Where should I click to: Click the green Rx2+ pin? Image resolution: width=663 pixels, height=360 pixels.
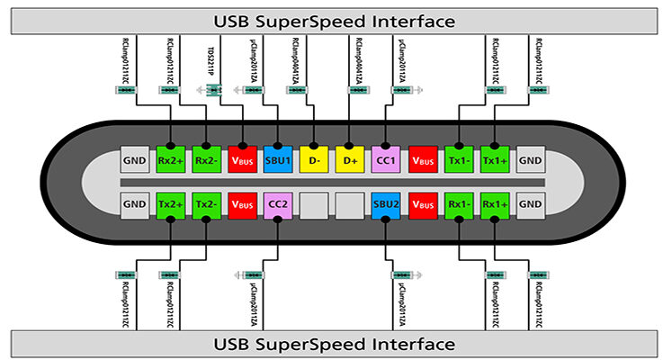pyautogui.click(x=169, y=159)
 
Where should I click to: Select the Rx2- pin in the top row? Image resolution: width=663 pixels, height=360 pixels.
pyautogui.click(x=206, y=159)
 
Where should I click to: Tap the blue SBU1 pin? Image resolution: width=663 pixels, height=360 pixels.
pyautogui.click(x=278, y=159)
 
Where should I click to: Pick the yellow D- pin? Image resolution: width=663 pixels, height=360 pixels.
pyautogui.click(x=313, y=159)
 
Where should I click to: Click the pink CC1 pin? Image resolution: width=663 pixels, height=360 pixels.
pyautogui.click(x=385, y=159)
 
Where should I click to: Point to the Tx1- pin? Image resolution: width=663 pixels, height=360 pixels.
pyautogui.click(x=458, y=159)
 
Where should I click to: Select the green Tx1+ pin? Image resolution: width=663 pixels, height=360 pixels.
pyautogui.click(x=494, y=159)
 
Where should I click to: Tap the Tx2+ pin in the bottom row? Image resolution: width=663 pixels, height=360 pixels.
pyautogui.click(x=169, y=205)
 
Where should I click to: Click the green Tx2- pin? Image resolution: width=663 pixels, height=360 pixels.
pyautogui.click(x=206, y=205)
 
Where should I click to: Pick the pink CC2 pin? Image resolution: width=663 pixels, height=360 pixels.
pyautogui.click(x=278, y=205)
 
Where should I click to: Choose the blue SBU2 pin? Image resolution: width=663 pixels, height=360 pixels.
pyautogui.click(x=385, y=205)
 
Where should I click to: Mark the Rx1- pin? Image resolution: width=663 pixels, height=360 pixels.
pyautogui.click(x=458, y=205)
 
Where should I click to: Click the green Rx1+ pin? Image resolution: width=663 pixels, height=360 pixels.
pyautogui.click(x=494, y=205)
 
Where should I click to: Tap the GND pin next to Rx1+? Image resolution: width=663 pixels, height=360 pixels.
pyautogui.click(x=530, y=205)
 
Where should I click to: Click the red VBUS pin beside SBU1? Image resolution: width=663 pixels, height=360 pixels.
pyautogui.click(x=242, y=159)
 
